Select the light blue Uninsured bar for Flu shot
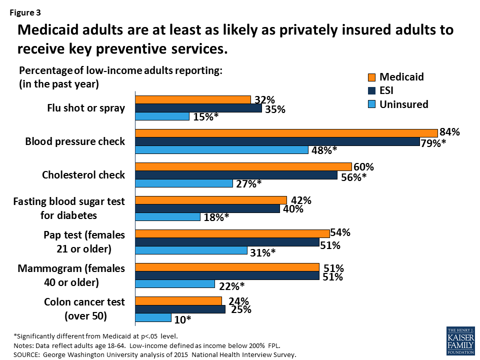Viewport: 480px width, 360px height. coord(162,116)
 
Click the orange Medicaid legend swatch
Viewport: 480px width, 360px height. coord(371,77)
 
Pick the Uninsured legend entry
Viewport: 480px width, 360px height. coord(403,104)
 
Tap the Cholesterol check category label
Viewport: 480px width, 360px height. coord(83,175)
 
